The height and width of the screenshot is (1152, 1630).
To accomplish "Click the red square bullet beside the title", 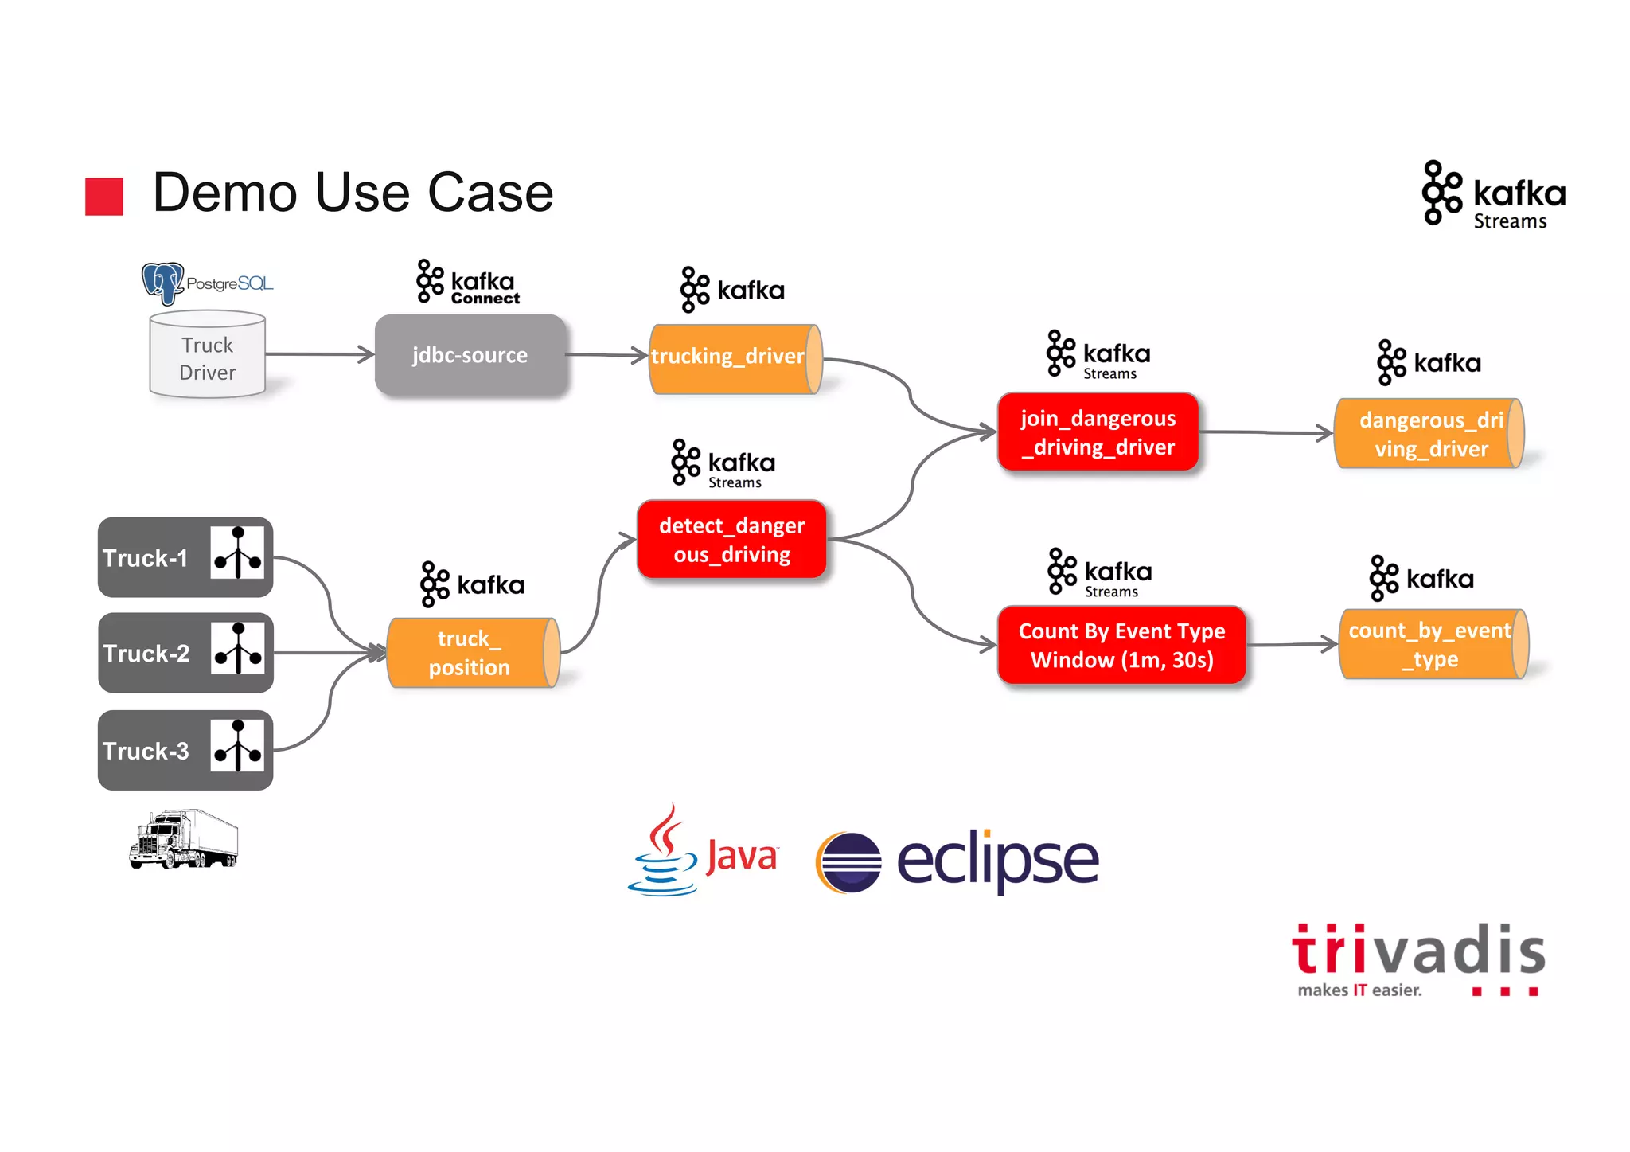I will (x=104, y=196).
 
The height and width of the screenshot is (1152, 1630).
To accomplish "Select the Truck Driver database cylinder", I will (x=207, y=355).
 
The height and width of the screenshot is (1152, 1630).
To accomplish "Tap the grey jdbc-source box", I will (x=470, y=355).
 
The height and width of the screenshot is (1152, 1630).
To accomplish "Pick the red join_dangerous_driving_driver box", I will (x=1098, y=432).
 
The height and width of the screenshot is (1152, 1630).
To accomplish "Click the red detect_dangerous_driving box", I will (x=731, y=540).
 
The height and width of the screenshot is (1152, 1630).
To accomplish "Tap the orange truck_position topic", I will (x=472, y=653).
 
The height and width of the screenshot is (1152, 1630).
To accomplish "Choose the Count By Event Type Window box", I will (x=1121, y=645).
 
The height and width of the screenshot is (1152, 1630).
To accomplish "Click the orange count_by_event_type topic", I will (x=1432, y=644).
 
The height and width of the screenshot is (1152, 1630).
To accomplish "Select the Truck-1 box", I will (x=185, y=557).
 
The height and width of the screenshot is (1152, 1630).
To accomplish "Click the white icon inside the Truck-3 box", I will (x=237, y=745).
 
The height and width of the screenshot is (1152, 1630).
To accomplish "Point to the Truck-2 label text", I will (x=146, y=654).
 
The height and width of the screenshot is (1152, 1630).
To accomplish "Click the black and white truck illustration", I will (x=184, y=839).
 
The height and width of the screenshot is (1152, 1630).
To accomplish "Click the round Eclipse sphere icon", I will (x=848, y=862).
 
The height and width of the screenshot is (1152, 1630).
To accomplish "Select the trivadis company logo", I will (x=1417, y=958).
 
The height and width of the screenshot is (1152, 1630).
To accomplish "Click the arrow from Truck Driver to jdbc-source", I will (x=319, y=354).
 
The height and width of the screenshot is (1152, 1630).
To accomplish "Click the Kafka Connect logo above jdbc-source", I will (x=467, y=282).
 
